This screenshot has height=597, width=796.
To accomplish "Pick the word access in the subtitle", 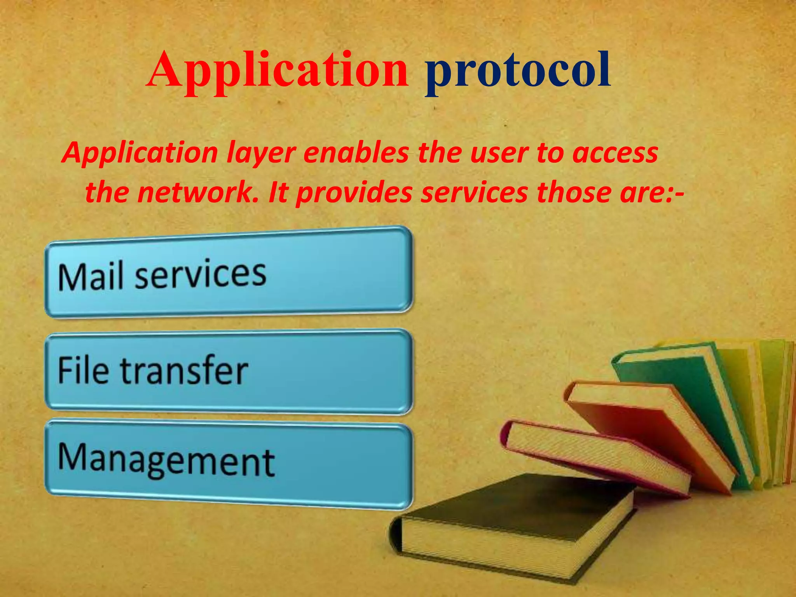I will (x=615, y=153).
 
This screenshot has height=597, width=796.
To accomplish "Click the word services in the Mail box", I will (x=200, y=275).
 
